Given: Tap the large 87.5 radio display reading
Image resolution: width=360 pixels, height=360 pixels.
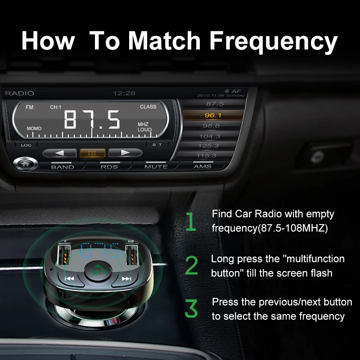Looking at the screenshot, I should tap(92, 120).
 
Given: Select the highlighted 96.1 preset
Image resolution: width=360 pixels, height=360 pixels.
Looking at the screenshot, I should tap(212, 115).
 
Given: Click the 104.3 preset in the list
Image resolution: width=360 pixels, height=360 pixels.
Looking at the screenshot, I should tap(210, 136).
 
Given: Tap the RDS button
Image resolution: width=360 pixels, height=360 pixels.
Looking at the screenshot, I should tap(109, 166).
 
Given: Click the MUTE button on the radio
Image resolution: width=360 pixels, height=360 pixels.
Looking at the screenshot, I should tap(156, 166).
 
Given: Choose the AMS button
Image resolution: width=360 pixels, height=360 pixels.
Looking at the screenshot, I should tap(202, 166).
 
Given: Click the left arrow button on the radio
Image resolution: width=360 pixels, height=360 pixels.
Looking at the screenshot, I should tap(59, 153).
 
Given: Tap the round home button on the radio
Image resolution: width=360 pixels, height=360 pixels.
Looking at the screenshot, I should tap(25, 163).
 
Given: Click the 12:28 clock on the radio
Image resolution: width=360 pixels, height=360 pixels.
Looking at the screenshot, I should tap(124, 93).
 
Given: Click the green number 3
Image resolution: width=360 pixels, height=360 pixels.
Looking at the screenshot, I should tap(191, 309).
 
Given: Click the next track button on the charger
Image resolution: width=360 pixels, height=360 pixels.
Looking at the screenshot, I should tap(126, 279).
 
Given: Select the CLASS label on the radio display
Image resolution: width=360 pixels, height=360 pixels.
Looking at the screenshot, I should tap(148, 107).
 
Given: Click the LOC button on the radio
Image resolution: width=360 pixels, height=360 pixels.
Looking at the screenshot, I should tap(26, 145).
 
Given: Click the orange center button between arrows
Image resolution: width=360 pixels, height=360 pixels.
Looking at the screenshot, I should tap(92, 153).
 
